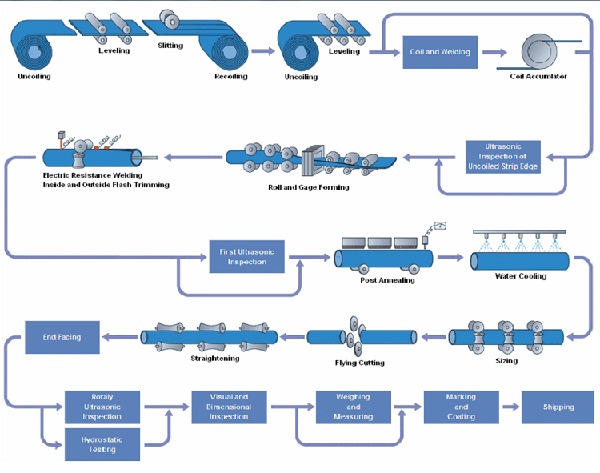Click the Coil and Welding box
coord(440,52)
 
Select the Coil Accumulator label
coord(538,77)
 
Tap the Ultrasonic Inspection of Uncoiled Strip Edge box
coord(503,156)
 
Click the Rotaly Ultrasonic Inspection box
coord(102,407)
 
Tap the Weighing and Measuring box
coord(354,407)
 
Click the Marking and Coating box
coord(462,407)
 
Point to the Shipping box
coord(558,407)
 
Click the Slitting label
coord(170,46)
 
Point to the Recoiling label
coord(230,77)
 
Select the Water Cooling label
coord(520,276)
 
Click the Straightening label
coord(215,359)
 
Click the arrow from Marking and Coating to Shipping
coord(510,407)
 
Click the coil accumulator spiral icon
coord(539,50)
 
